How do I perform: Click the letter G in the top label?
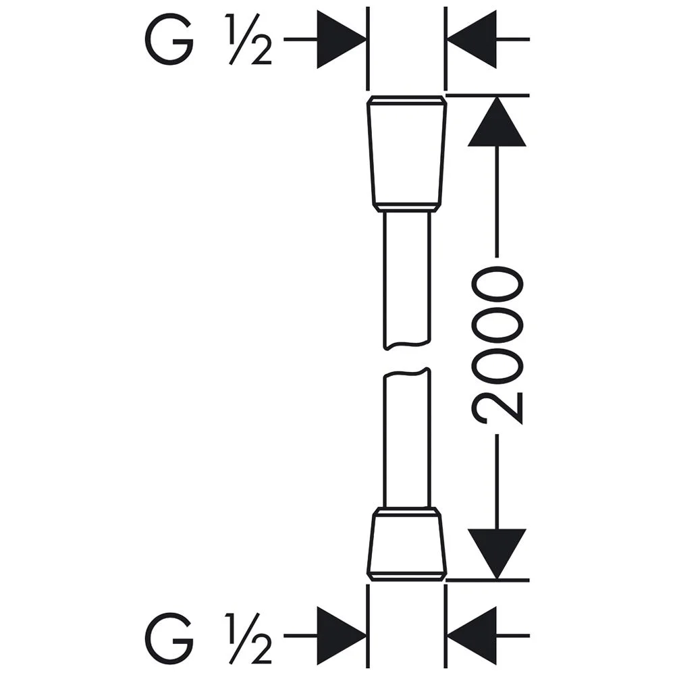pos(169,39)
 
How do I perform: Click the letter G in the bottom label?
pos(169,639)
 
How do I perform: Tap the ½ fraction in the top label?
pos(248,39)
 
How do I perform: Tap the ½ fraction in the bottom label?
pos(248,639)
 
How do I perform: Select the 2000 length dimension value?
pos(497,345)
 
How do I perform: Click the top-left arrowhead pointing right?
pos(342,39)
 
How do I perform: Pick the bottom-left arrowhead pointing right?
pos(342,635)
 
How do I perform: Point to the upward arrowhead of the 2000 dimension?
pos(497,122)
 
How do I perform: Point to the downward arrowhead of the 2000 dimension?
pos(497,554)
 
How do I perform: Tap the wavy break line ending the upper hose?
pos(407,344)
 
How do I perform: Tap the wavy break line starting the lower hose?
pos(407,373)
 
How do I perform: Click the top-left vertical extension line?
pos(368,49)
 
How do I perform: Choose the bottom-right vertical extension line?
pos(446,626)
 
